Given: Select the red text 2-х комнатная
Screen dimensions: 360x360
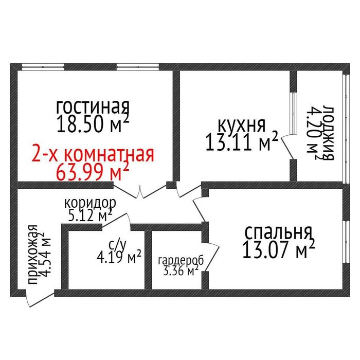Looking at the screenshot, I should (x=93, y=154).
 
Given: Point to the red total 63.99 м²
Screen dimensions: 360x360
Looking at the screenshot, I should (x=93, y=171).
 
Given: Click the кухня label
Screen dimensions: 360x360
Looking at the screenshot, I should (x=241, y=125).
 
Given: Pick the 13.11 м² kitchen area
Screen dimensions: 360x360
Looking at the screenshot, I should (x=241, y=142).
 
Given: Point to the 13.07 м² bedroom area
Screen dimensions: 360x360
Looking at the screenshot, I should (x=278, y=250).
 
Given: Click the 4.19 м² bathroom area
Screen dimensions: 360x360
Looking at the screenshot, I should (x=120, y=256).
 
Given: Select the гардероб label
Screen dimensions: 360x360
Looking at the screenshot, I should (x=181, y=260).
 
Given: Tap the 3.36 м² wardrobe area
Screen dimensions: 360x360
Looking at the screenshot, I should (x=181, y=271).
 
